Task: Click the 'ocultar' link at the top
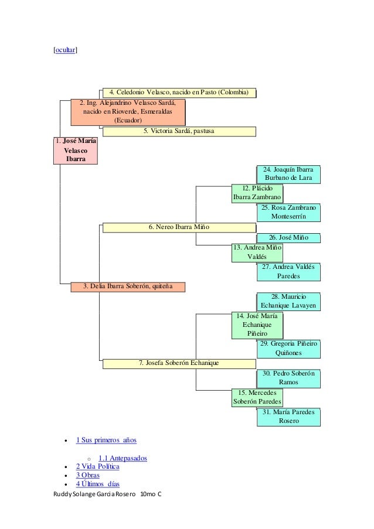pos(65,51)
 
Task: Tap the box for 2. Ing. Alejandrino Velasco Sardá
pos(128,112)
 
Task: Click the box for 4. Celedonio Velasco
pos(179,93)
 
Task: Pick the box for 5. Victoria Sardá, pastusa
pos(179,131)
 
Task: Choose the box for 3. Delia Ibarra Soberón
pos(128,286)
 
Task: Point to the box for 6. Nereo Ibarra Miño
pos(179,227)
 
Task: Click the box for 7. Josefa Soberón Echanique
pos(179,363)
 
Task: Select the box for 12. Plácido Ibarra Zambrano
pos(257,193)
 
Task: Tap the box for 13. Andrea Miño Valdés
pos(257,252)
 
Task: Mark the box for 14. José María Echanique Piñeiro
pos(257,325)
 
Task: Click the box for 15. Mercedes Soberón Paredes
pos(257,397)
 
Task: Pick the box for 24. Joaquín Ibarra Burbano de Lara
pos(288,174)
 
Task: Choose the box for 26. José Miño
pos(288,238)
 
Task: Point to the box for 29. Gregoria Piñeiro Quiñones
pos(288,349)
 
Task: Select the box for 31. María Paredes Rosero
pos(288,417)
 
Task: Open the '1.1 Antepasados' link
pos(123,458)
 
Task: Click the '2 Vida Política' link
pos(97,466)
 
